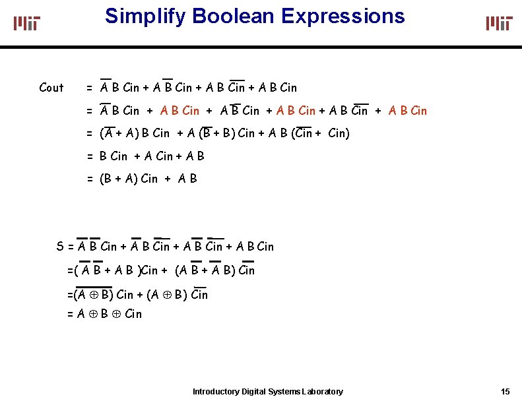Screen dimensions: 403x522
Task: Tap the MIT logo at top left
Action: (x=27, y=23)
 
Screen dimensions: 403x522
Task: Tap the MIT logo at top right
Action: (x=499, y=23)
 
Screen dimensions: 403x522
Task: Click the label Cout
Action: (x=51, y=88)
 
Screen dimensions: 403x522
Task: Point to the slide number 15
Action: (x=506, y=392)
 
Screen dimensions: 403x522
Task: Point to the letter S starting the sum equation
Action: (x=61, y=247)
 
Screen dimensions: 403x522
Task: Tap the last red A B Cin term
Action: (x=408, y=111)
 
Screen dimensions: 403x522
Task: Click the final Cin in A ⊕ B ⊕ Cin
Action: (x=133, y=314)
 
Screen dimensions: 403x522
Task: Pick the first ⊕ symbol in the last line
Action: (x=92, y=314)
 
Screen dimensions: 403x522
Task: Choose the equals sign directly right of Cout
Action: (x=89, y=88)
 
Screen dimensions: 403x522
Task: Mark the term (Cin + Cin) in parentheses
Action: (x=322, y=134)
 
